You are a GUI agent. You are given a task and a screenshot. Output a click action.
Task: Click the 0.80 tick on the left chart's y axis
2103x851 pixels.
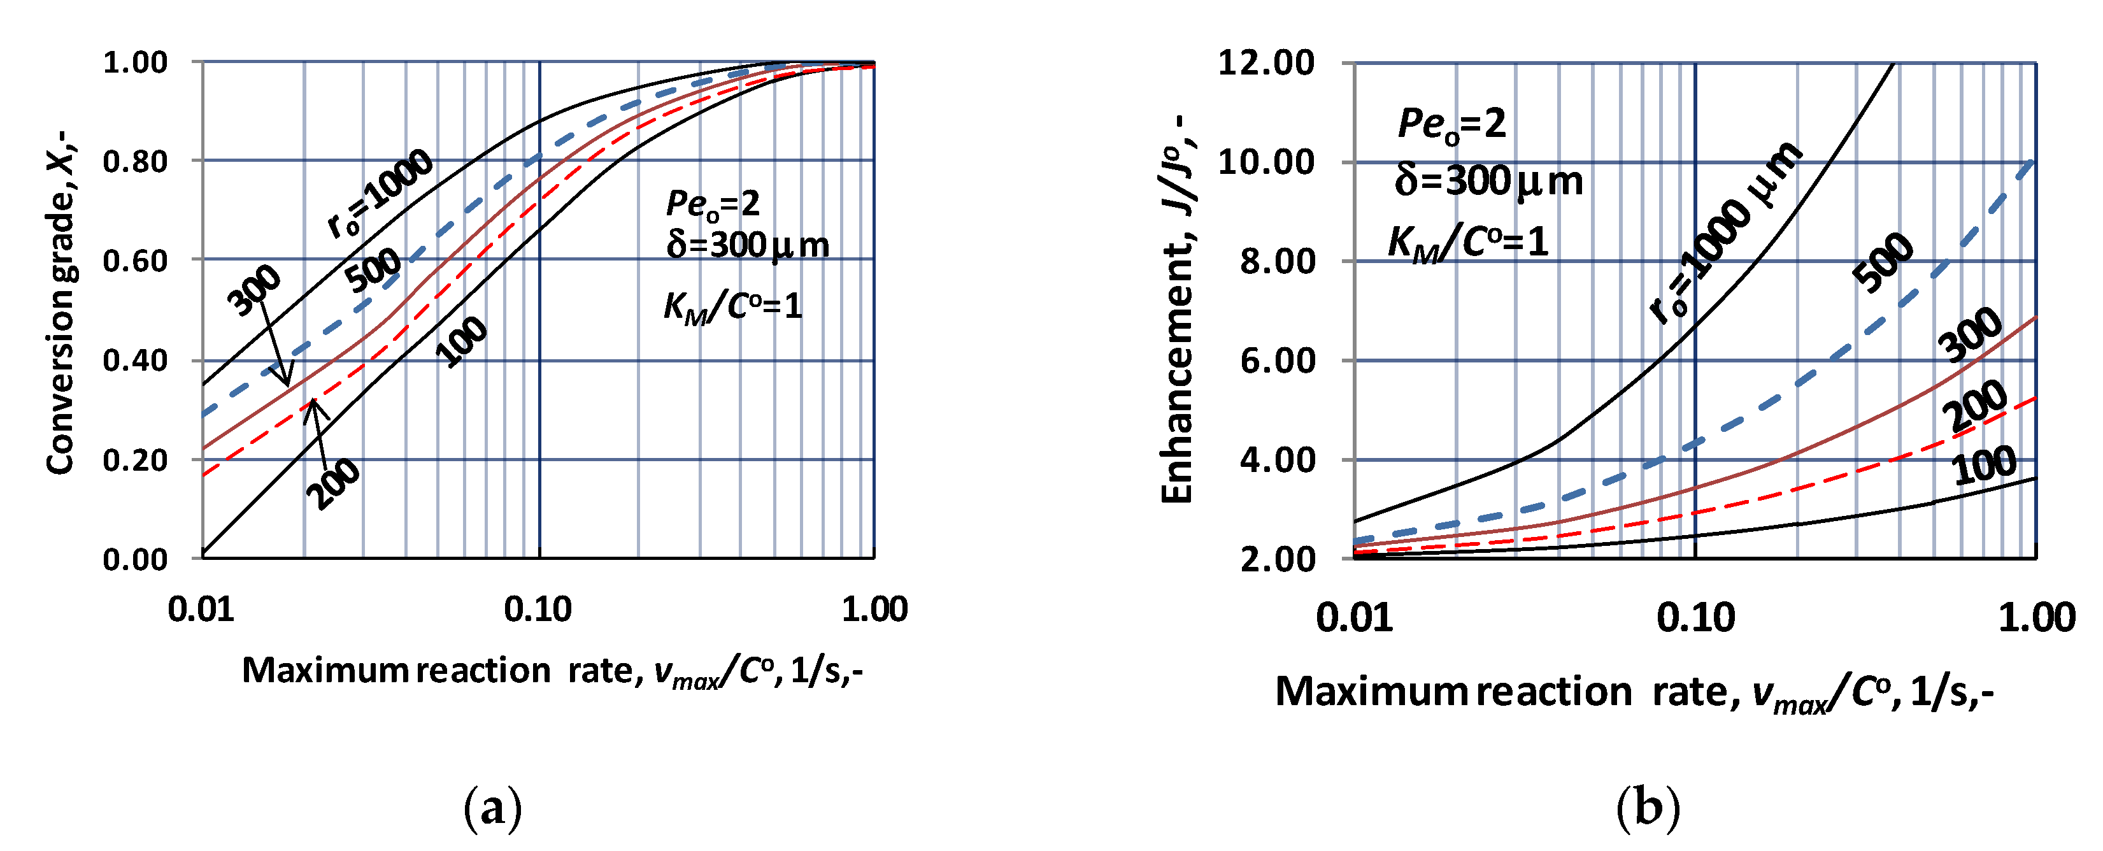click(x=135, y=162)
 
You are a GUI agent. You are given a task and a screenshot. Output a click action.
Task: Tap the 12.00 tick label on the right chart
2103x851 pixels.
click(x=1266, y=63)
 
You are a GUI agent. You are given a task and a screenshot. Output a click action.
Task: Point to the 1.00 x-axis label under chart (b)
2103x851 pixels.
click(x=2036, y=619)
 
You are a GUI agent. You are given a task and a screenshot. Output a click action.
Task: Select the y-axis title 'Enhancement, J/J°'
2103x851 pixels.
click(x=1178, y=310)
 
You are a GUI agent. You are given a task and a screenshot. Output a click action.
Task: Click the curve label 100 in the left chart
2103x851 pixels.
click(x=462, y=341)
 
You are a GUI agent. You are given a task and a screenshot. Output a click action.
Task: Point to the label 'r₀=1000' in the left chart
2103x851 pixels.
click(x=380, y=194)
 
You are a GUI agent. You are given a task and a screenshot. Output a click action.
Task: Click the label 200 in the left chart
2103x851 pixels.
click(x=333, y=484)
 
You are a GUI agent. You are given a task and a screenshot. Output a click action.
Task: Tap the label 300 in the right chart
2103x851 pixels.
click(x=1970, y=335)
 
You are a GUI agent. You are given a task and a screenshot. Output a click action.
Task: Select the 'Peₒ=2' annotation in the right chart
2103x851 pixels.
click(x=1451, y=124)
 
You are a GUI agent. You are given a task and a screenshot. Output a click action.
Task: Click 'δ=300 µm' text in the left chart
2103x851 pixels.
click(x=747, y=245)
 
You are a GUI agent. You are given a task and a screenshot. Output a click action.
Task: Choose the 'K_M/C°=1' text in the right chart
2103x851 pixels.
click(x=1468, y=243)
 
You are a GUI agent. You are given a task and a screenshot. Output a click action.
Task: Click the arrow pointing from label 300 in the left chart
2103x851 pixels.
click(x=275, y=347)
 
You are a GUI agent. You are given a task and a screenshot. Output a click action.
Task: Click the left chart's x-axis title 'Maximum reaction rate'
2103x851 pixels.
click(x=553, y=671)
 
